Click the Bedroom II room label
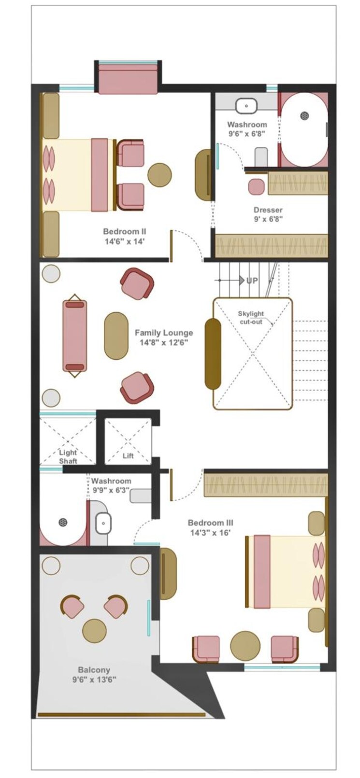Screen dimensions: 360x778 point(125,237)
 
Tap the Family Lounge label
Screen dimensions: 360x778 point(164,338)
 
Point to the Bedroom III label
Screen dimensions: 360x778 point(211,527)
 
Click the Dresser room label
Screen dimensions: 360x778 point(268,214)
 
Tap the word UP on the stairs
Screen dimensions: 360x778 point(252,280)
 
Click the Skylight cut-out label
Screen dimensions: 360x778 point(251,317)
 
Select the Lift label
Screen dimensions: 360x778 point(128,456)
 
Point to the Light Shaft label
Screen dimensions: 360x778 point(68,457)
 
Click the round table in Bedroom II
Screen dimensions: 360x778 point(159,175)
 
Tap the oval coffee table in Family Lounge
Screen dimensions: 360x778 point(116,336)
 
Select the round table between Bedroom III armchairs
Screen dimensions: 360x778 point(245,646)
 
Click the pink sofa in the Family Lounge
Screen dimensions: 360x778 point(75,336)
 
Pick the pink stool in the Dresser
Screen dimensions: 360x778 point(257,186)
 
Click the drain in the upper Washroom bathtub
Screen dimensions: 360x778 point(304,115)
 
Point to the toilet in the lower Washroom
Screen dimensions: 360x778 point(141,495)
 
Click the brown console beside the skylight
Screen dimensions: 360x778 point(213,354)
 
